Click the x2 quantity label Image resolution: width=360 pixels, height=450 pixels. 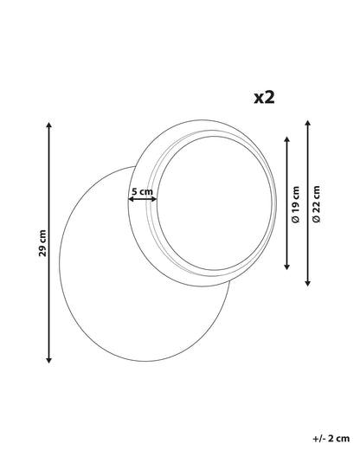coord(264,98)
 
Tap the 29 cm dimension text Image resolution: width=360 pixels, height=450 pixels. coord(42,243)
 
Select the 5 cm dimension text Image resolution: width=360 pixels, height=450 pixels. coord(142,191)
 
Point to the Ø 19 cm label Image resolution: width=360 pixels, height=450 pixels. coord(296,204)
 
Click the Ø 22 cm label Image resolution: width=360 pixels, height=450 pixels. coord(317,203)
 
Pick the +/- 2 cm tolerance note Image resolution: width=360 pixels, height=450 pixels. coord(331,439)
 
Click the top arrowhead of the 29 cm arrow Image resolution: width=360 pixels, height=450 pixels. coord(49,125)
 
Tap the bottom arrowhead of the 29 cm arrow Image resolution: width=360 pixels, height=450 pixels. coord(49,360)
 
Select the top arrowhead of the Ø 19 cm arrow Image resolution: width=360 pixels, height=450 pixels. coord(286,139)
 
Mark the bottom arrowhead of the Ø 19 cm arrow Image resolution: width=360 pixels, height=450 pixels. coord(286,267)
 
